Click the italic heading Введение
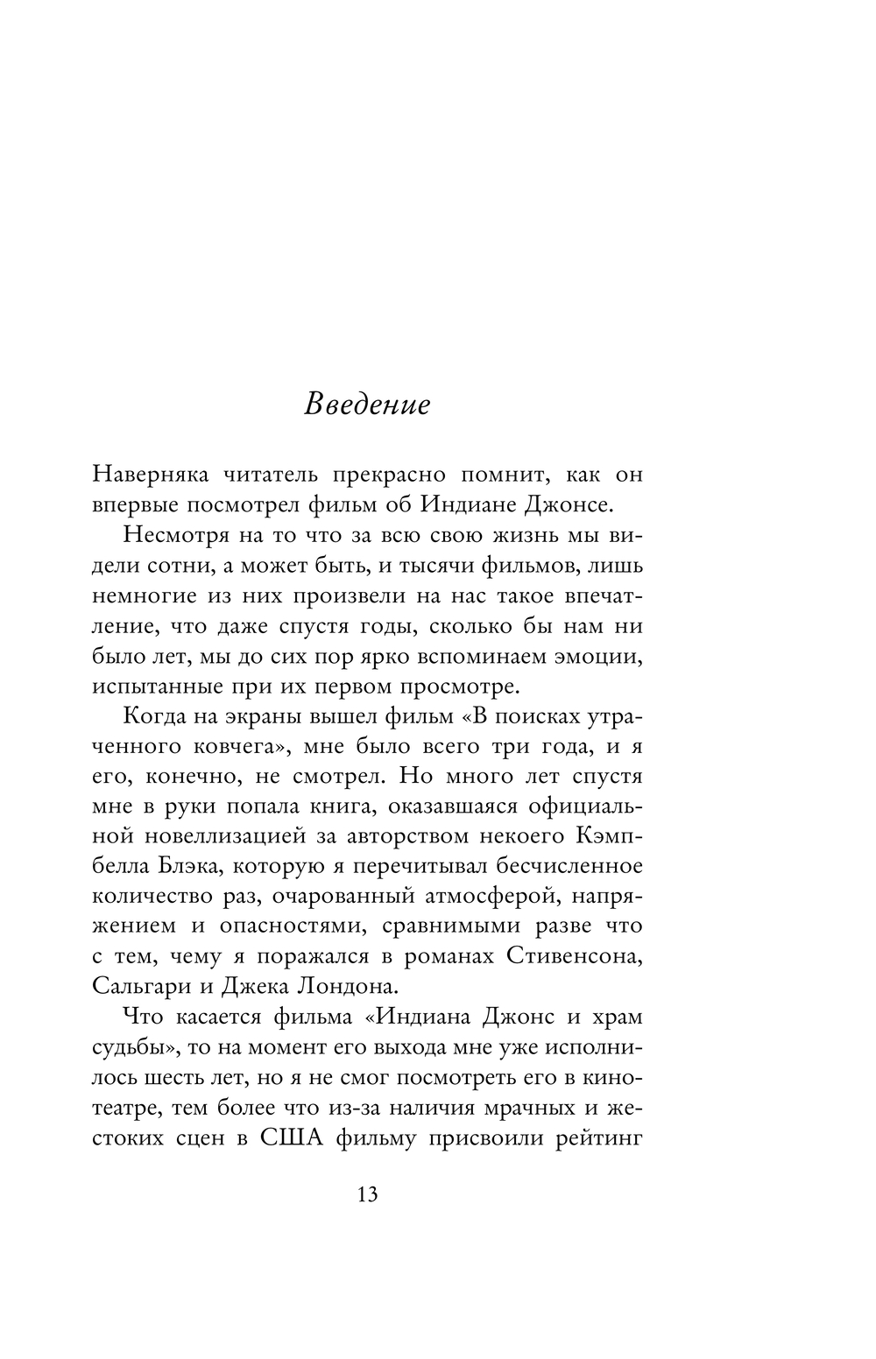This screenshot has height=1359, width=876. pos(367,405)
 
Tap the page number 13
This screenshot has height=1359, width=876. pos(367,1194)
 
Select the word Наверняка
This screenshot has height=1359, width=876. pos(150,475)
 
